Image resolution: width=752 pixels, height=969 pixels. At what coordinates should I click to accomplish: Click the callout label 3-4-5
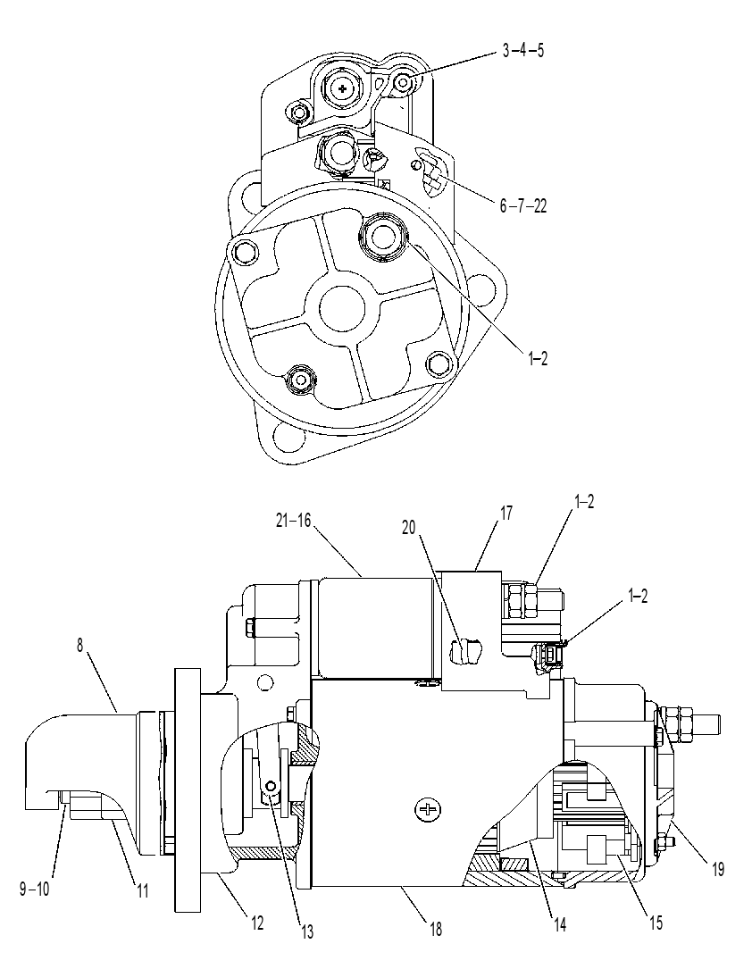[522, 50]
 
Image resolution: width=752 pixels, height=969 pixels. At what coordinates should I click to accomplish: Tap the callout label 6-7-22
[522, 205]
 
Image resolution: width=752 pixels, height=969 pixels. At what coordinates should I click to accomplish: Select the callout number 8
[79, 645]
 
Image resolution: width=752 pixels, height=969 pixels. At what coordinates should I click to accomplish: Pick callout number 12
[256, 923]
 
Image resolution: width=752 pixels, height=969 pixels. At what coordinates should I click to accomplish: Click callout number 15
[655, 923]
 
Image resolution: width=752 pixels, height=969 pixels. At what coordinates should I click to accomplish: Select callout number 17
[506, 513]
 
